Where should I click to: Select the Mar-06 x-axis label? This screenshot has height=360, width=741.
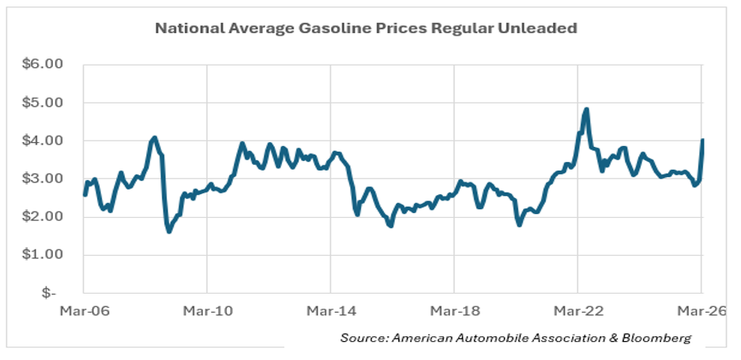tap(83, 310)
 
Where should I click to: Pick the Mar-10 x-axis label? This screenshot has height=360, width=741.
tap(207, 310)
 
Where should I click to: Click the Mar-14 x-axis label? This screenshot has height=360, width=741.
tap(330, 310)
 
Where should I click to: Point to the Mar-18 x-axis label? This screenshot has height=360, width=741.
tap(454, 310)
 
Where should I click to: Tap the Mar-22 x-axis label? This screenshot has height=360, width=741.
tap(577, 310)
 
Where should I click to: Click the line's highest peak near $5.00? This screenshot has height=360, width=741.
tap(586, 110)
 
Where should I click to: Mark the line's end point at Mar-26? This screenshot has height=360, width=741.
tap(702, 141)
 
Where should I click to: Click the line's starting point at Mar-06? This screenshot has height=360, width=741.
tap(85, 194)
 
